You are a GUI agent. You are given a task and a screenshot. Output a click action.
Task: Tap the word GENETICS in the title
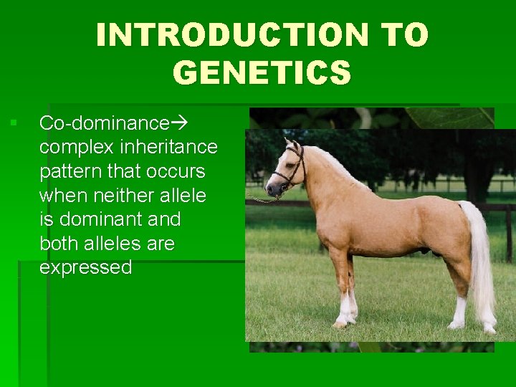click(x=262, y=72)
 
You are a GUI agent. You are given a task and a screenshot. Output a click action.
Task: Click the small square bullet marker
click(x=13, y=123)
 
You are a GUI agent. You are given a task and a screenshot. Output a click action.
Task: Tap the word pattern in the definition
click(x=67, y=171)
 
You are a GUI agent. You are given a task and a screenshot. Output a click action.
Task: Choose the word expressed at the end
click(x=85, y=268)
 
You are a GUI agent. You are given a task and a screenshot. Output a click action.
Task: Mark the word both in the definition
click(x=59, y=244)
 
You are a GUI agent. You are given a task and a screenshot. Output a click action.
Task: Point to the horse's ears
click(x=291, y=145)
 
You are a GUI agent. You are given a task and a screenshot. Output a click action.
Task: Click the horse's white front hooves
click(x=342, y=321)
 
